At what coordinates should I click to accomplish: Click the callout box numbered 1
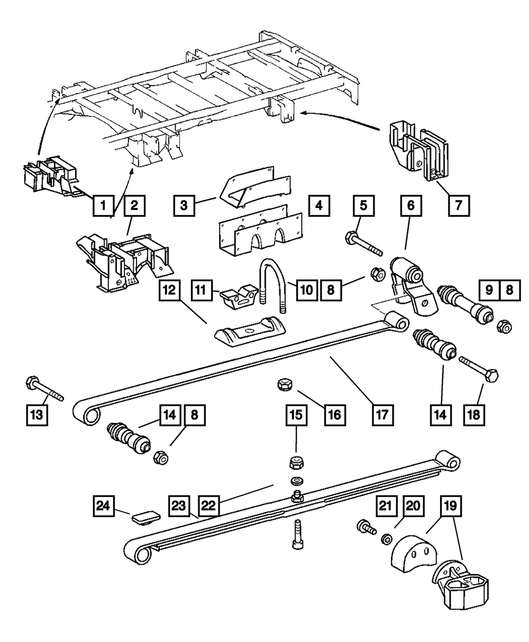pyautogui.click(x=104, y=205)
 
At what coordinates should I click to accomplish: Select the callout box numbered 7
pyautogui.click(x=458, y=205)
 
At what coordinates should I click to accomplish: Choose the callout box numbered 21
pyautogui.click(x=387, y=506)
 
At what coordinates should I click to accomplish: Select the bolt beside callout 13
pyautogui.click(x=43, y=389)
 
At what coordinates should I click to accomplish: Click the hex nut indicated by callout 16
pyautogui.click(x=284, y=385)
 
